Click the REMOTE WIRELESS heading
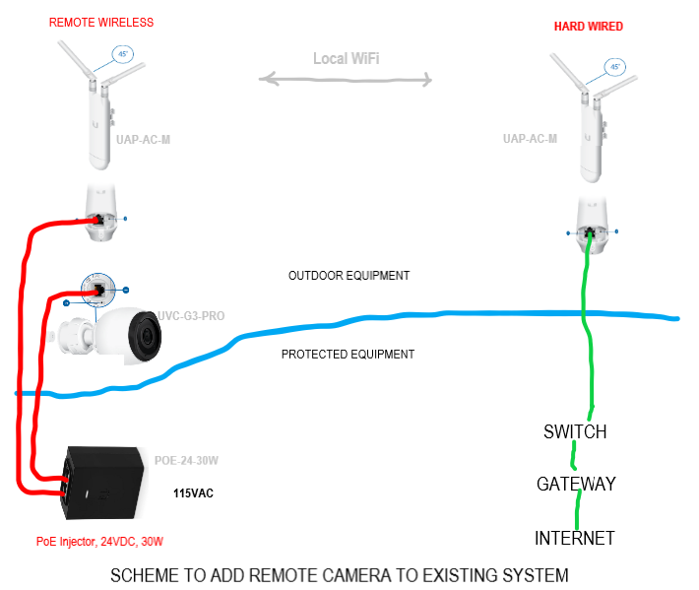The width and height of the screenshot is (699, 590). [101, 22]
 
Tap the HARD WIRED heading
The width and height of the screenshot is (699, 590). [589, 27]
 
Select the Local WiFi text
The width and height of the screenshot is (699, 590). [347, 59]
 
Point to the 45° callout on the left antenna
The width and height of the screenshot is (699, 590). [123, 54]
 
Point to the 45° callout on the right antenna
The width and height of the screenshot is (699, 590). [615, 67]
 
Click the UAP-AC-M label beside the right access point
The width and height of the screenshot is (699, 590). [530, 139]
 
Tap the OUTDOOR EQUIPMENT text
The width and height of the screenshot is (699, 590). [349, 276]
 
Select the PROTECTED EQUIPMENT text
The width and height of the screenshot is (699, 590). [348, 355]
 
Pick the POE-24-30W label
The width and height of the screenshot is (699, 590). [187, 460]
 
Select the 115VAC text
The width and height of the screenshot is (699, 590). [194, 492]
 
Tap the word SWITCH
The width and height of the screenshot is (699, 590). [575, 431]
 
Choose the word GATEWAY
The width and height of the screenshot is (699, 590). [576, 485]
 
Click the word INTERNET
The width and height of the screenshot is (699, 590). [575, 538]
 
